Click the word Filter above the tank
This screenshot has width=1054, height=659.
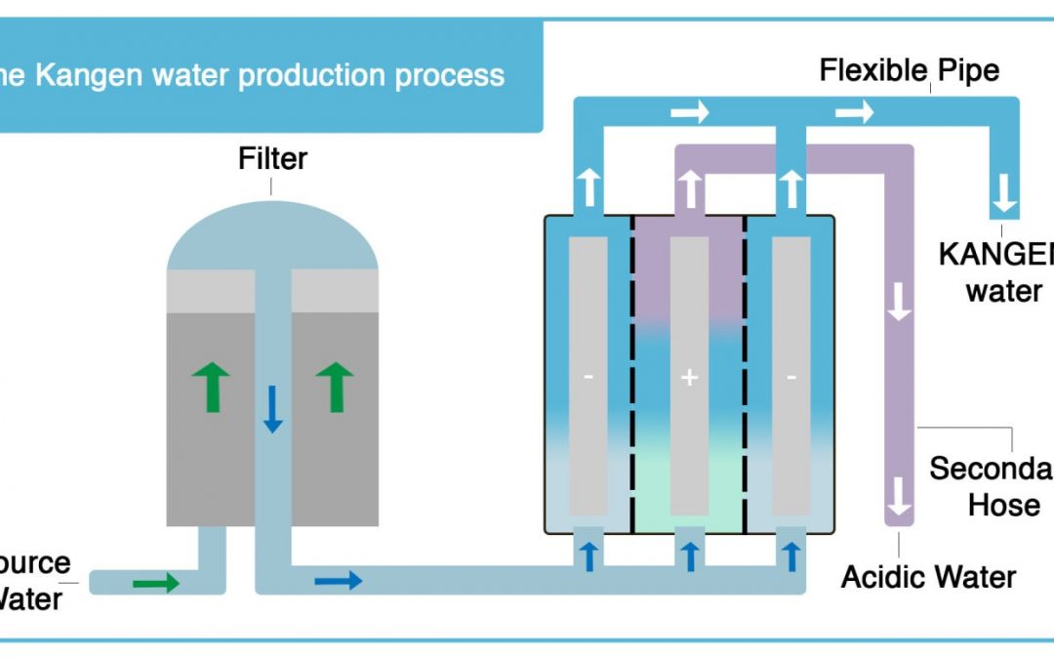coord(272,158)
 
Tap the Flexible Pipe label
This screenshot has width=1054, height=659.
coord(909,70)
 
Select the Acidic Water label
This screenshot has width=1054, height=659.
coord(928,577)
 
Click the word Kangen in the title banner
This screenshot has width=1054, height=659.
coord(80,75)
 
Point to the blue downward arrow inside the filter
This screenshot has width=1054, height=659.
coord(273,407)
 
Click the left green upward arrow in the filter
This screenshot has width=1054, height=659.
coord(212,386)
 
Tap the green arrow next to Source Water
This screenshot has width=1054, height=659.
coord(156,583)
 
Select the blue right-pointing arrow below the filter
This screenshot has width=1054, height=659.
coord(338,581)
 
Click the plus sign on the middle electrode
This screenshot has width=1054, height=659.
coord(689,377)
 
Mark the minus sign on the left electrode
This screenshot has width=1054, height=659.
coord(588,377)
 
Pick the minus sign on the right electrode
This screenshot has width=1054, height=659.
coord(790,377)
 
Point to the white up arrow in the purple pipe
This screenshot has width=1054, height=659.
coord(689,187)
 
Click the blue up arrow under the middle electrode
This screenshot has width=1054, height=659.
coord(689,556)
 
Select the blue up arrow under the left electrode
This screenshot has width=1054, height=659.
coord(588,556)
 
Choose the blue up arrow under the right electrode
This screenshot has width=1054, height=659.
coord(790,556)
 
